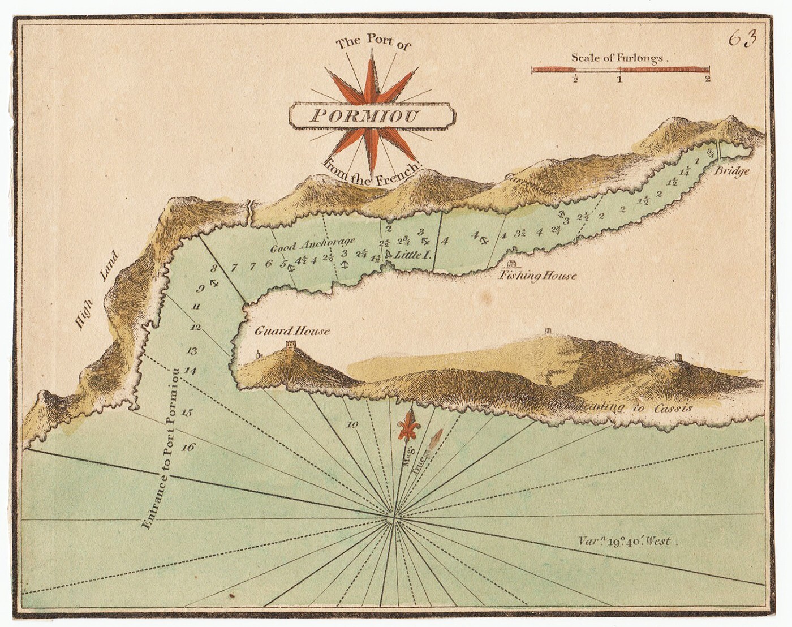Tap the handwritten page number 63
coord(742,38)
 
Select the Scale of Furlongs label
coord(619,57)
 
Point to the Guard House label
coord(291,331)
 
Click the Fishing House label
coord(537,276)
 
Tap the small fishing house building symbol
coord(511,264)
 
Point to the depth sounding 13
coord(192,351)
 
